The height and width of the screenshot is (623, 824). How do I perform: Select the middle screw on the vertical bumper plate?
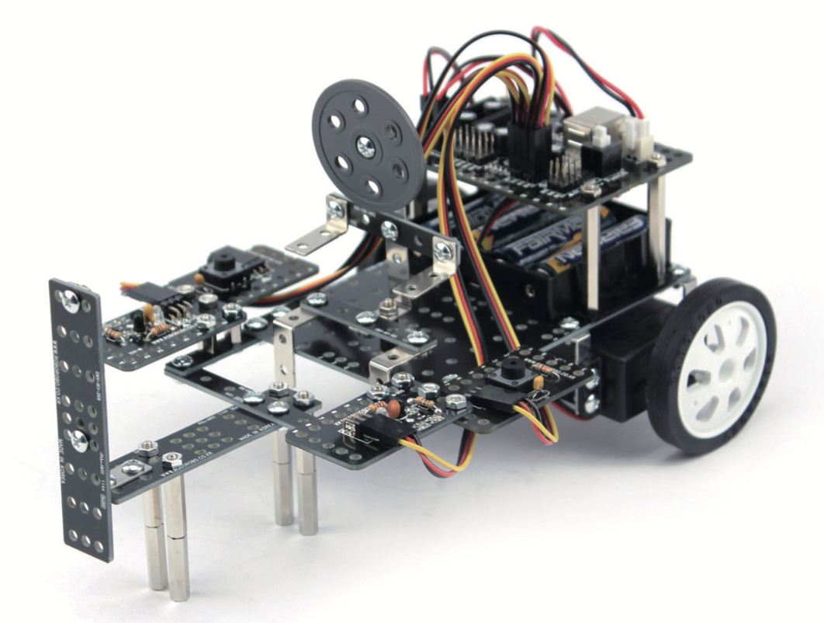coord(78,440)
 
